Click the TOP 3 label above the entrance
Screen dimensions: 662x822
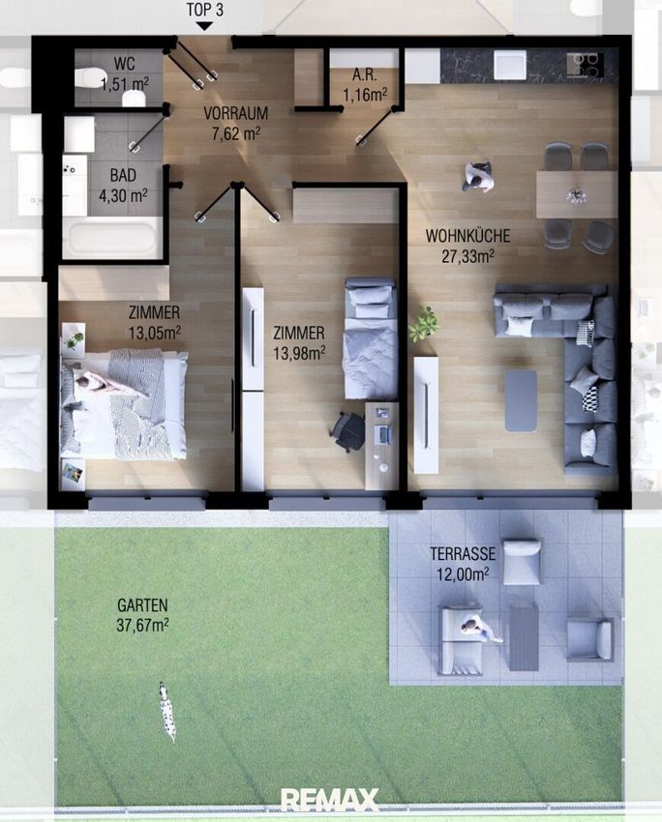click(x=205, y=10)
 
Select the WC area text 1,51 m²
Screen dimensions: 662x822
click(x=125, y=83)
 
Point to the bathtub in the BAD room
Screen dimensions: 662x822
click(x=111, y=239)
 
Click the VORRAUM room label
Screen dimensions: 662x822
click(x=235, y=113)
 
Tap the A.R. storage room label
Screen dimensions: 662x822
click(x=365, y=74)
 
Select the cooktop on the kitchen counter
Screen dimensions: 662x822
click(x=585, y=65)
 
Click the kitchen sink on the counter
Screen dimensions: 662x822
click(x=509, y=65)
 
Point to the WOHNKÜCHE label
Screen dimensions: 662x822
click(x=467, y=236)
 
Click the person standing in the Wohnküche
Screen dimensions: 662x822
click(x=478, y=177)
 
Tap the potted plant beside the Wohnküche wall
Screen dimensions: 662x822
click(x=424, y=324)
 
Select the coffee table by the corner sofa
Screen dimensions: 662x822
click(x=521, y=400)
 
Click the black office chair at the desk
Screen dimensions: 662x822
click(x=349, y=431)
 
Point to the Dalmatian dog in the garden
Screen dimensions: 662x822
click(x=167, y=711)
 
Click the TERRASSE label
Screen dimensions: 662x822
click(x=463, y=553)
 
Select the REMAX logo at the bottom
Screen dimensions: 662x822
click(x=329, y=800)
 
